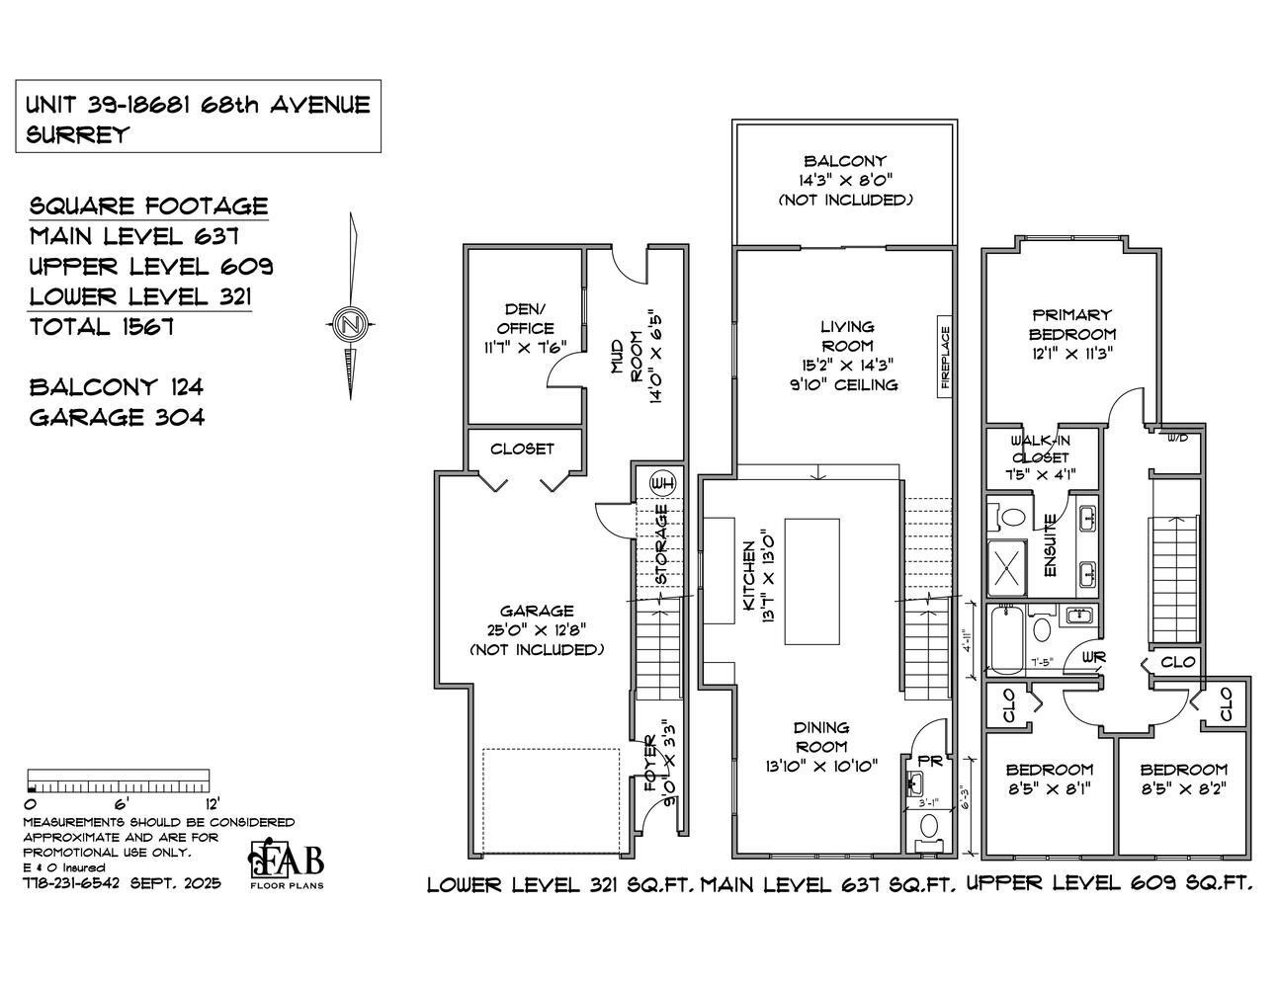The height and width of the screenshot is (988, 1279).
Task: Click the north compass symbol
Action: [348, 322]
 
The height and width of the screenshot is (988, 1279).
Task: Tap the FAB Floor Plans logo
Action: [286, 863]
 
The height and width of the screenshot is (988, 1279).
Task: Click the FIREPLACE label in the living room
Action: [945, 357]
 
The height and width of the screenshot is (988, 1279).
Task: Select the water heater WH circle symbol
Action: [662, 483]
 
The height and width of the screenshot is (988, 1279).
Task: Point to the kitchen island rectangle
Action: [811, 582]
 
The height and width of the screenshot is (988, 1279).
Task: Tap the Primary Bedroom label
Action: [1072, 324]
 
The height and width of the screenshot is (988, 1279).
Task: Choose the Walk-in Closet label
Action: [1038, 449]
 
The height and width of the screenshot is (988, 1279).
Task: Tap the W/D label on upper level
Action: [1177, 437]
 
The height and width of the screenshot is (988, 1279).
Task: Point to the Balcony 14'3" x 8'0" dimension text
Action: [844, 180]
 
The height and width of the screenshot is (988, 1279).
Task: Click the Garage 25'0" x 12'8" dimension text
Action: [536, 630]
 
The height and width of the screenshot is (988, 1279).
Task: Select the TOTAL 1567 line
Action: [102, 327]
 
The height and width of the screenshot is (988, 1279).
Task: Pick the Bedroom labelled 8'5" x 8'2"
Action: [1183, 779]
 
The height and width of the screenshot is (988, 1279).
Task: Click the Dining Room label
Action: [820, 736]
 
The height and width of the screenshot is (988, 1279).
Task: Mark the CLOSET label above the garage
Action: [522, 449]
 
